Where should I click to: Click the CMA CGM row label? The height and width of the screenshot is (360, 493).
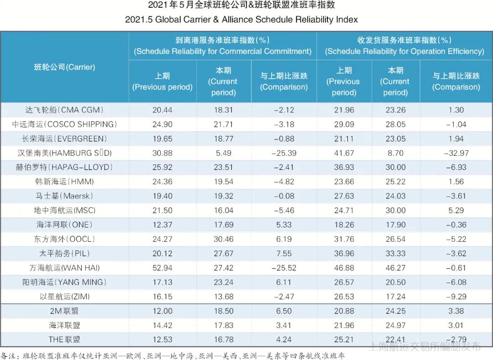tap(64, 110)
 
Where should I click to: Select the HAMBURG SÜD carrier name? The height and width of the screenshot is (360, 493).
tap(64, 153)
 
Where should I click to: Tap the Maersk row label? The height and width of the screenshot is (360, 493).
tap(64, 196)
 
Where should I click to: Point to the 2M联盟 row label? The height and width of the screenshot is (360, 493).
tap(64, 311)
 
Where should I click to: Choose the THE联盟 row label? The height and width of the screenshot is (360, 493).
tap(64, 339)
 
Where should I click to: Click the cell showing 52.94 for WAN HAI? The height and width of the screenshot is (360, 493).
tap(163, 268)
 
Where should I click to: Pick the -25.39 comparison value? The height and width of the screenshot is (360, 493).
tap(283, 153)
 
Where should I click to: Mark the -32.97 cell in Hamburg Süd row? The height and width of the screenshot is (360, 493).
tap(456, 153)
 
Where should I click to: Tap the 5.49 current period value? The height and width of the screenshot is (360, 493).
tap(223, 153)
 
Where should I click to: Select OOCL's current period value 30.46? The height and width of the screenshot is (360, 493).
tap(223, 239)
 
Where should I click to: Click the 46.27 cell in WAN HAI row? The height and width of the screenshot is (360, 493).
tap(395, 268)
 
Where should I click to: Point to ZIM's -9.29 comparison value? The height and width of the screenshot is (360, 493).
tap(456, 296)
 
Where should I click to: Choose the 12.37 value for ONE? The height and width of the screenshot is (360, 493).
tap(163, 225)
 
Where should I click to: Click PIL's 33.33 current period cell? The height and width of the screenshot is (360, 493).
tap(395, 253)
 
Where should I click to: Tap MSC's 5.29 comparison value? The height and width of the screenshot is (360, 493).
tap(456, 210)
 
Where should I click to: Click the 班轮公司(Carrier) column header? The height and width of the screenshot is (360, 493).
tap(64, 67)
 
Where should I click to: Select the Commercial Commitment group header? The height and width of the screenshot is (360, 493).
tap(223, 46)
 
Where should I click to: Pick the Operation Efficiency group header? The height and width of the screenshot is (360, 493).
tap(404, 46)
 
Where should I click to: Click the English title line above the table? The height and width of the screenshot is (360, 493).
tap(241, 20)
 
